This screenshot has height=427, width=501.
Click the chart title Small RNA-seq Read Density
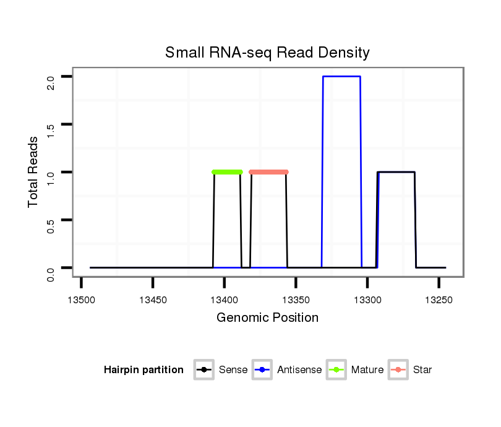click(x=267, y=53)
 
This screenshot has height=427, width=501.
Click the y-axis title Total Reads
click(x=33, y=172)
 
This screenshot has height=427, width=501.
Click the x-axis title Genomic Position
click(x=267, y=318)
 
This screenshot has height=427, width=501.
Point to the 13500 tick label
click(x=81, y=300)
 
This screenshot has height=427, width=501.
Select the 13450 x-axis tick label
click(x=153, y=300)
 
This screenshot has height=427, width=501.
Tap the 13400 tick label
click(x=224, y=300)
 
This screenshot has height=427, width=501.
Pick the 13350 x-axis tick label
click(x=296, y=300)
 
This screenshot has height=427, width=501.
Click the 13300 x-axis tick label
click(x=367, y=300)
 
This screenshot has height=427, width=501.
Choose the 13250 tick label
click(x=439, y=300)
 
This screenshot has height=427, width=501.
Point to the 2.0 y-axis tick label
click(x=51, y=77)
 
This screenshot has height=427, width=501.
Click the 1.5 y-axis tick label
click(x=51, y=124)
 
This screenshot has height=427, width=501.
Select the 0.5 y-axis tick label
click(x=51, y=220)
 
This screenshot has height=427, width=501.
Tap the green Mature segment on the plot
click(x=227, y=172)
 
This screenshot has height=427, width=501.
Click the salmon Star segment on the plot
click(x=268, y=172)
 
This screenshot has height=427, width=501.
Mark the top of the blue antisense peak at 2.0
click(x=341, y=76)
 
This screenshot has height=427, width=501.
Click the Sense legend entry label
click(x=233, y=370)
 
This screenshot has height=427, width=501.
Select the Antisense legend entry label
click(x=300, y=370)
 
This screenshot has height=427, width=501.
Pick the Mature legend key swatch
click(x=336, y=370)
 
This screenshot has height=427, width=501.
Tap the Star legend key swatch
click(x=398, y=370)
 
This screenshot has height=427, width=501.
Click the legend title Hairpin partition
click(x=143, y=370)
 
